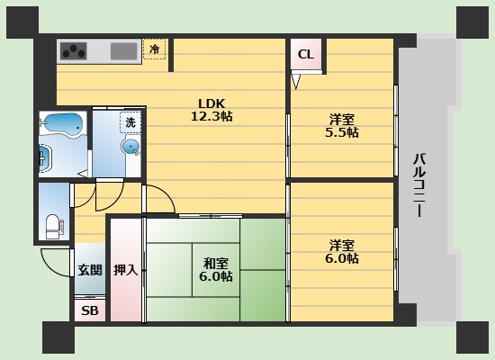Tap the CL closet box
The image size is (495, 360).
pos(306,55)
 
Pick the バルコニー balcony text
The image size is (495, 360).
pos(419,189)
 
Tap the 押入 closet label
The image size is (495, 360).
pos(126,270)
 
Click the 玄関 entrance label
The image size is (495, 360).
pos(89,269)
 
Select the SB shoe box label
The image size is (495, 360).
pos(90,310)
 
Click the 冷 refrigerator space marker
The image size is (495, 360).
pos(155,49)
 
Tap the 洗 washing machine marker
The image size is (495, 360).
pos(130,121)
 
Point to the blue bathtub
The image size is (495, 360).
pos(63,123)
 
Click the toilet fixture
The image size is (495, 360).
pos(53,221)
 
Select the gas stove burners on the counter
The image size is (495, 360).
pos(74,50)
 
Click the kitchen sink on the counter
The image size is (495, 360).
pos(123,50)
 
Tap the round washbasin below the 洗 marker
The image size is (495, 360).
pos(131,147)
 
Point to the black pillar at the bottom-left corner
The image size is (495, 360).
pos(58,337)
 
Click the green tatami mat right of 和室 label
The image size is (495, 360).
pos(261,270)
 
